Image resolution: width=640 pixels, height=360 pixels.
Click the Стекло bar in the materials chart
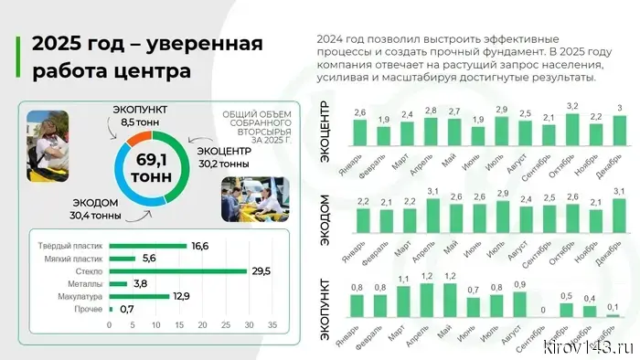pyautogui.click(x=177, y=271)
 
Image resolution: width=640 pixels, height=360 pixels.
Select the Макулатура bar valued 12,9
pyautogui.click(x=138, y=297)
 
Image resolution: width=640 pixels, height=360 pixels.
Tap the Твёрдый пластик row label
pyautogui.click(x=69, y=247)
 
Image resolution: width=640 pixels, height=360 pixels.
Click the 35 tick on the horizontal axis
pyautogui.click(x=272, y=324)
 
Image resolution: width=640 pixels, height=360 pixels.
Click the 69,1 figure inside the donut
pyautogui.click(x=147, y=159)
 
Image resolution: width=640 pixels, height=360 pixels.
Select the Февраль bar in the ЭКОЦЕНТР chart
pyautogui.click(x=385, y=134)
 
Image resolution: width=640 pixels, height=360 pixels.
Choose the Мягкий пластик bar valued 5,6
pyautogui.click(x=122, y=259)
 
